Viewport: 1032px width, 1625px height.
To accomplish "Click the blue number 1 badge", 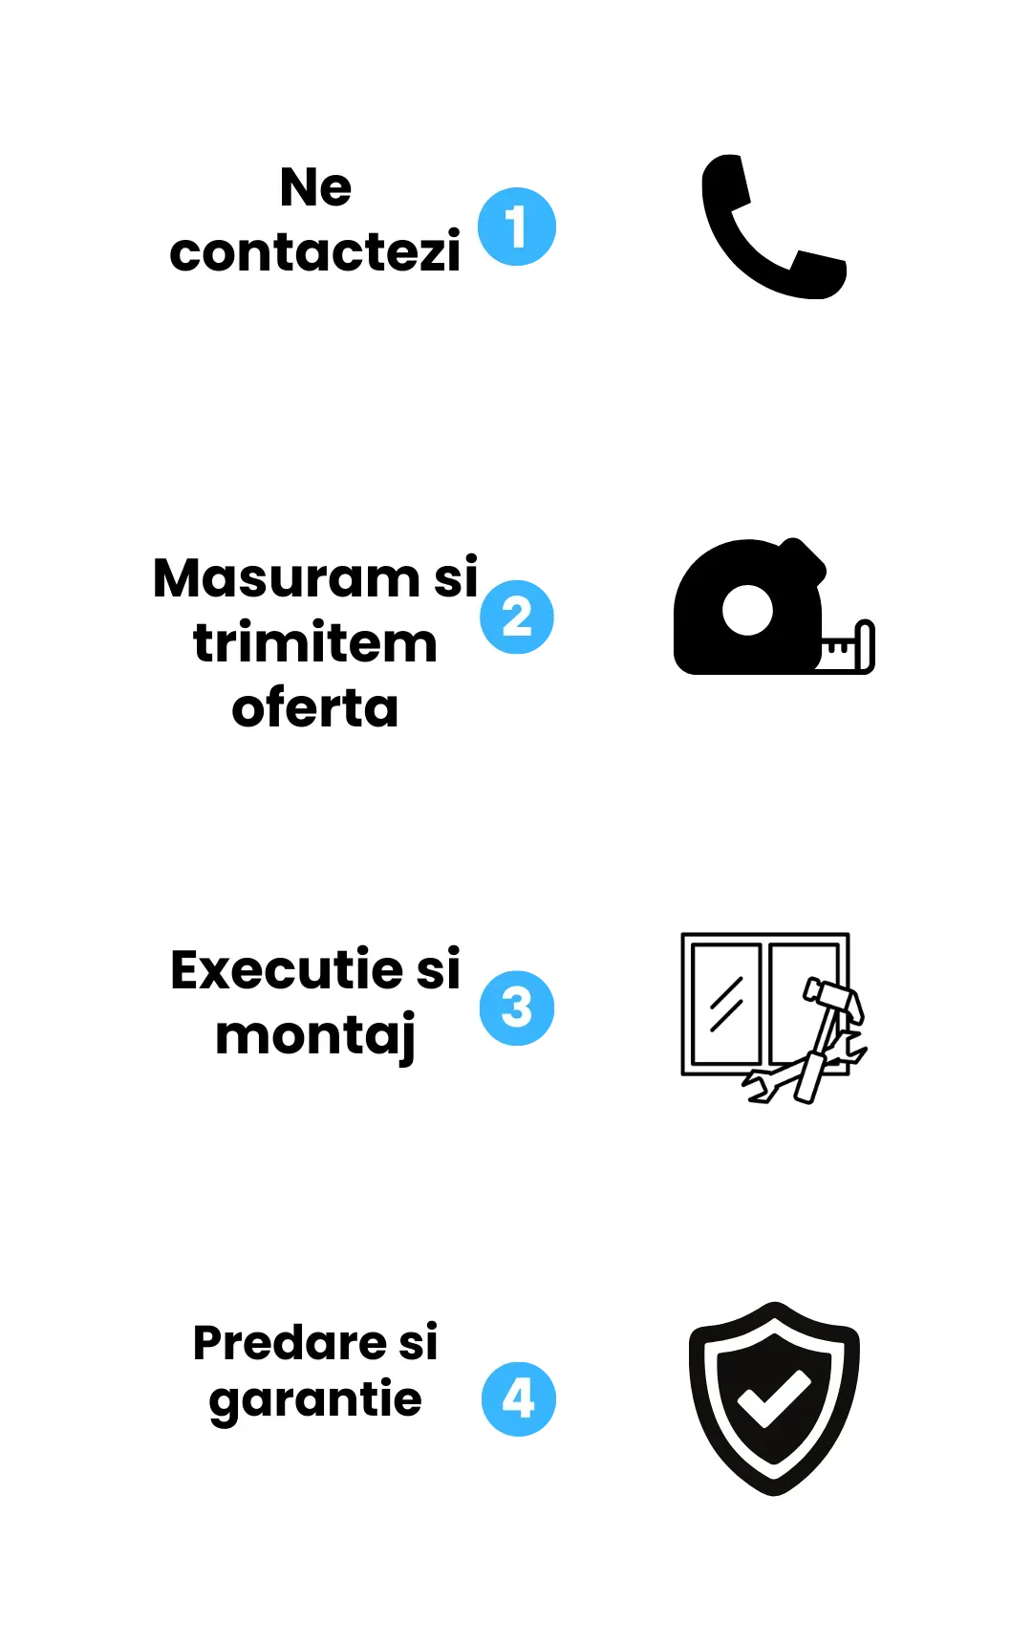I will tap(517, 227).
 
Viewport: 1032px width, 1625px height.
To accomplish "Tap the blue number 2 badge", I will tap(517, 617).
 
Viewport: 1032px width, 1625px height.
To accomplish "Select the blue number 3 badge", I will tap(517, 1007).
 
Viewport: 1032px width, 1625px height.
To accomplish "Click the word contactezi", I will tap(315, 252).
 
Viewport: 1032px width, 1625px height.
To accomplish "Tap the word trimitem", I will tap(315, 643).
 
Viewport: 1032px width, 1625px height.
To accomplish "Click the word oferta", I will tap(315, 708).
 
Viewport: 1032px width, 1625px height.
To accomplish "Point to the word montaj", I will tap(315, 1036).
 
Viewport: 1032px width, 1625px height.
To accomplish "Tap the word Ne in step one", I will tap(315, 187).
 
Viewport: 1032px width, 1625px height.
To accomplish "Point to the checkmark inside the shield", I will tap(773, 1399).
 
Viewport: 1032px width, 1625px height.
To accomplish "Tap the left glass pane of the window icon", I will tap(726, 1004).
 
